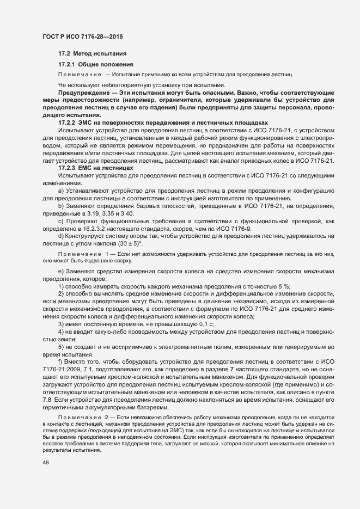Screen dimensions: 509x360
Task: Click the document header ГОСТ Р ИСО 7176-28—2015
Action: tap(82, 36)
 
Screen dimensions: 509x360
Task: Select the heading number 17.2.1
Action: tap(67, 64)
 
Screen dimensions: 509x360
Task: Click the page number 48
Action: tap(45, 462)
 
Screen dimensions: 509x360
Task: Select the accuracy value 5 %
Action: tap(284, 286)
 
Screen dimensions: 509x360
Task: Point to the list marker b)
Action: tap(61, 207)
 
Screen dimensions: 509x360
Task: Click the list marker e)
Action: tap(61, 271)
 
